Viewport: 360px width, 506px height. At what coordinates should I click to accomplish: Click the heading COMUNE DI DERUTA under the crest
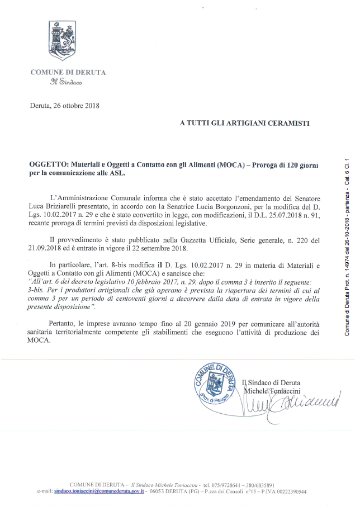click(68, 72)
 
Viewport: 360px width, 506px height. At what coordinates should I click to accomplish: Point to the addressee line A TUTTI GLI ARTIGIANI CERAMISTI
click(245, 122)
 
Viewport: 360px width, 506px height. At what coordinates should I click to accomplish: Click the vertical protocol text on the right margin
click(347, 246)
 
